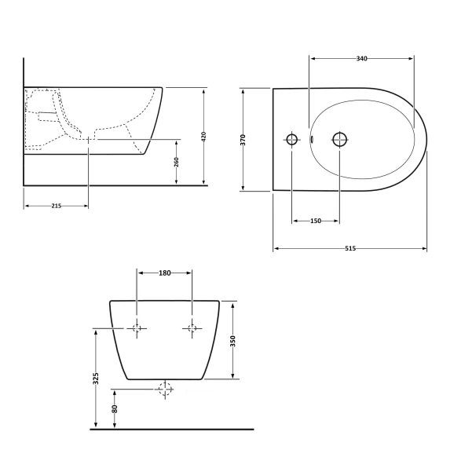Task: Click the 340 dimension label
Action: coord(361,58)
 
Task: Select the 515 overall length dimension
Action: coord(350,248)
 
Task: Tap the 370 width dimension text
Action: coord(243,140)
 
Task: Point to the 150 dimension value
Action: coord(316,221)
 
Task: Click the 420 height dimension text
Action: coord(203,137)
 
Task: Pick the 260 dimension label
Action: coord(177,162)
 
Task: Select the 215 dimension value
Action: coord(57,206)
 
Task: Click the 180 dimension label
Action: coord(165,273)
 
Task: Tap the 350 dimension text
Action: coord(232,342)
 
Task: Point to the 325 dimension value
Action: coord(96,379)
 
